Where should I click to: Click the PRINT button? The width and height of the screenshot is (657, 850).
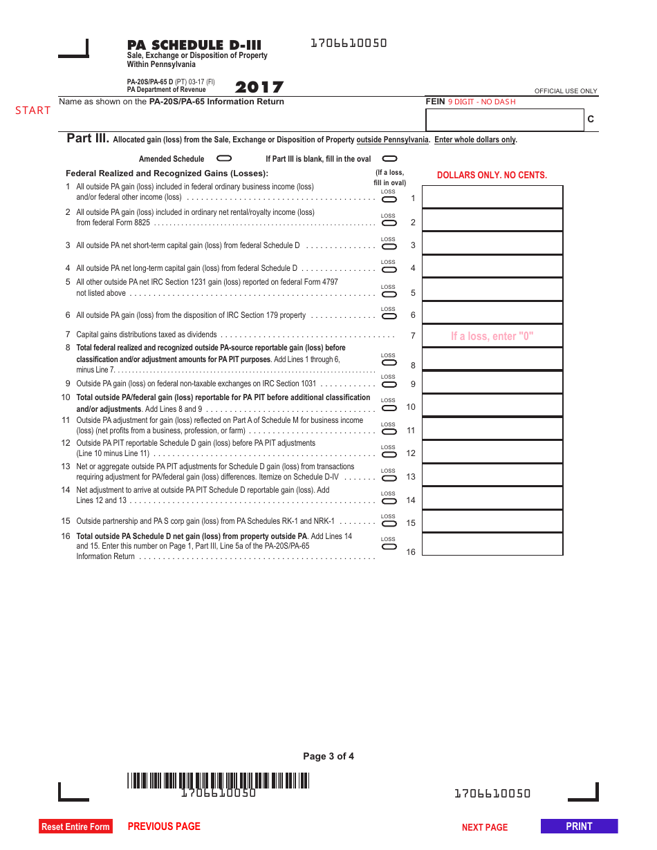(579, 827)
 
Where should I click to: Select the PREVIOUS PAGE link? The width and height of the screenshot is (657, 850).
(164, 827)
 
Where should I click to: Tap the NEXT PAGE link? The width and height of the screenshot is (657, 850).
(485, 827)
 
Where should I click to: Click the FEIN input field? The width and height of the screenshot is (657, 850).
(505, 120)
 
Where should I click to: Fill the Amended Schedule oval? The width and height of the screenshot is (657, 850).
(224, 158)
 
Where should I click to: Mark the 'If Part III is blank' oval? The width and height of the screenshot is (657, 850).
(390, 158)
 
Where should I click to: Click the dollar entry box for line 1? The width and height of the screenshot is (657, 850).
(492, 197)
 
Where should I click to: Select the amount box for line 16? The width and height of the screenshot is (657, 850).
(492, 545)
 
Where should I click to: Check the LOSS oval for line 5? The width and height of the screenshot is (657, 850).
(389, 293)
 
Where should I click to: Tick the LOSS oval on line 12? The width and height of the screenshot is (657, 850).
(389, 454)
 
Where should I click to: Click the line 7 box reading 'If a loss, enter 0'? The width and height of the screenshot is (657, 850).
(492, 337)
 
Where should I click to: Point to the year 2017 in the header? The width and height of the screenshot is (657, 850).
(259, 87)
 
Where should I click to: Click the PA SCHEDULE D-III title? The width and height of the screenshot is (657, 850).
(194, 46)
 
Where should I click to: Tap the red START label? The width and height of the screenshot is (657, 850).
(33, 111)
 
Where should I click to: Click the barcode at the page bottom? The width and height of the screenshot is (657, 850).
(218, 781)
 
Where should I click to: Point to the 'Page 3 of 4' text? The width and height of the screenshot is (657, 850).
(328, 756)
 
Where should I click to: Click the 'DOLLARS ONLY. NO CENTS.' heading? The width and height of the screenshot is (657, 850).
(492, 176)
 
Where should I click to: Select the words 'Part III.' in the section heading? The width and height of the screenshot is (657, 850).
(88, 138)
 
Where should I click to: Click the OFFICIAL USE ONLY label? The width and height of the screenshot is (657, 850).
(566, 91)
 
